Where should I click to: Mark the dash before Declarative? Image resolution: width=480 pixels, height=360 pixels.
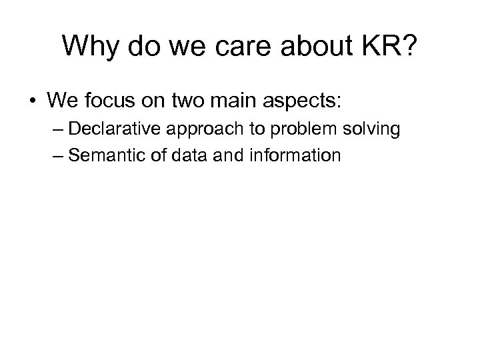click(57, 129)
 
